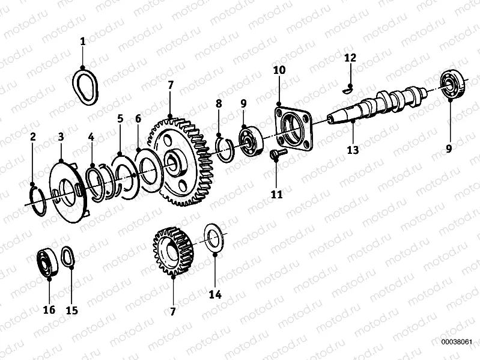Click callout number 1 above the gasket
point(83,41)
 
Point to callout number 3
point(61,137)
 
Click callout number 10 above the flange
point(279,70)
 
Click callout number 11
point(276,194)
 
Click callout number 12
point(350,58)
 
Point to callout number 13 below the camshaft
point(353,150)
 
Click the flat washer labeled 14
point(214,240)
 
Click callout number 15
point(71,310)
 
